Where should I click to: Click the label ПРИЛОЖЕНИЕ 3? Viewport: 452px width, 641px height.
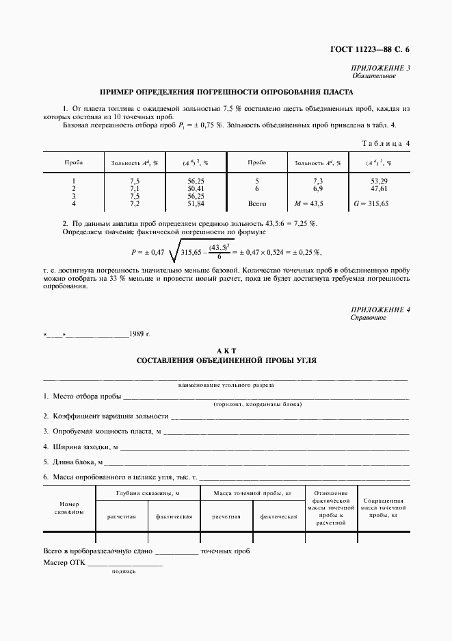point(381,68)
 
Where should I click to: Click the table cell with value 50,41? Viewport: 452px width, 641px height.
point(196,188)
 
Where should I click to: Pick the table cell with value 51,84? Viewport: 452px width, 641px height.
point(196,204)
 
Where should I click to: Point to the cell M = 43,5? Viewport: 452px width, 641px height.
point(308,204)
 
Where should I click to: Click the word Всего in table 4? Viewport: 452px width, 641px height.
point(257,204)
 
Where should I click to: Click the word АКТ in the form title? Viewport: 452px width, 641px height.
point(226,350)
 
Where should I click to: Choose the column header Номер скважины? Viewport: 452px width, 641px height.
point(70,507)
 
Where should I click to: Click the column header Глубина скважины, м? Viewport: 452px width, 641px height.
point(148,493)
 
